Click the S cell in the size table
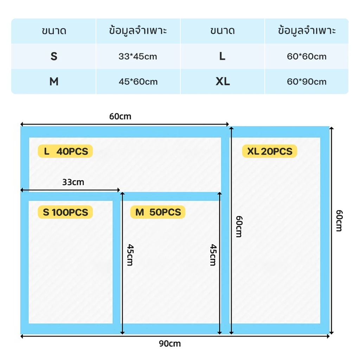pyautogui.click(x=54, y=56)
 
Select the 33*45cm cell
pyautogui.click(x=138, y=56)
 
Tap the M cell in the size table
pyautogui.click(x=54, y=82)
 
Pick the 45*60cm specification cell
pyautogui.click(x=138, y=82)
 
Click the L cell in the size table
pyautogui.click(x=222, y=56)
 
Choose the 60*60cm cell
pyautogui.click(x=307, y=56)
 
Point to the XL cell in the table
pyautogui.click(x=222, y=82)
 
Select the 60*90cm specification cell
pyautogui.click(x=307, y=82)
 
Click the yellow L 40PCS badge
pyautogui.click(x=65, y=151)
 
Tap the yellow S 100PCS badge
pyautogui.click(x=65, y=212)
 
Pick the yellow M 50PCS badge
pyautogui.click(x=158, y=212)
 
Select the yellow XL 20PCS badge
pyautogui.click(x=270, y=151)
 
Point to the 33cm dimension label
pyautogui.click(x=73, y=182)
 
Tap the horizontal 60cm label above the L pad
pyautogui.click(x=120, y=116)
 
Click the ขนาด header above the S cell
pyautogui.click(x=54, y=31)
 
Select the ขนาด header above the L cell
pyautogui.click(x=222, y=31)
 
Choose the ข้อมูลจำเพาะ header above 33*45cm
pyautogui.click(x=138, y=31)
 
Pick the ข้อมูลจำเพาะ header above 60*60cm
pyautogui.click(x=307, y=31)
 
